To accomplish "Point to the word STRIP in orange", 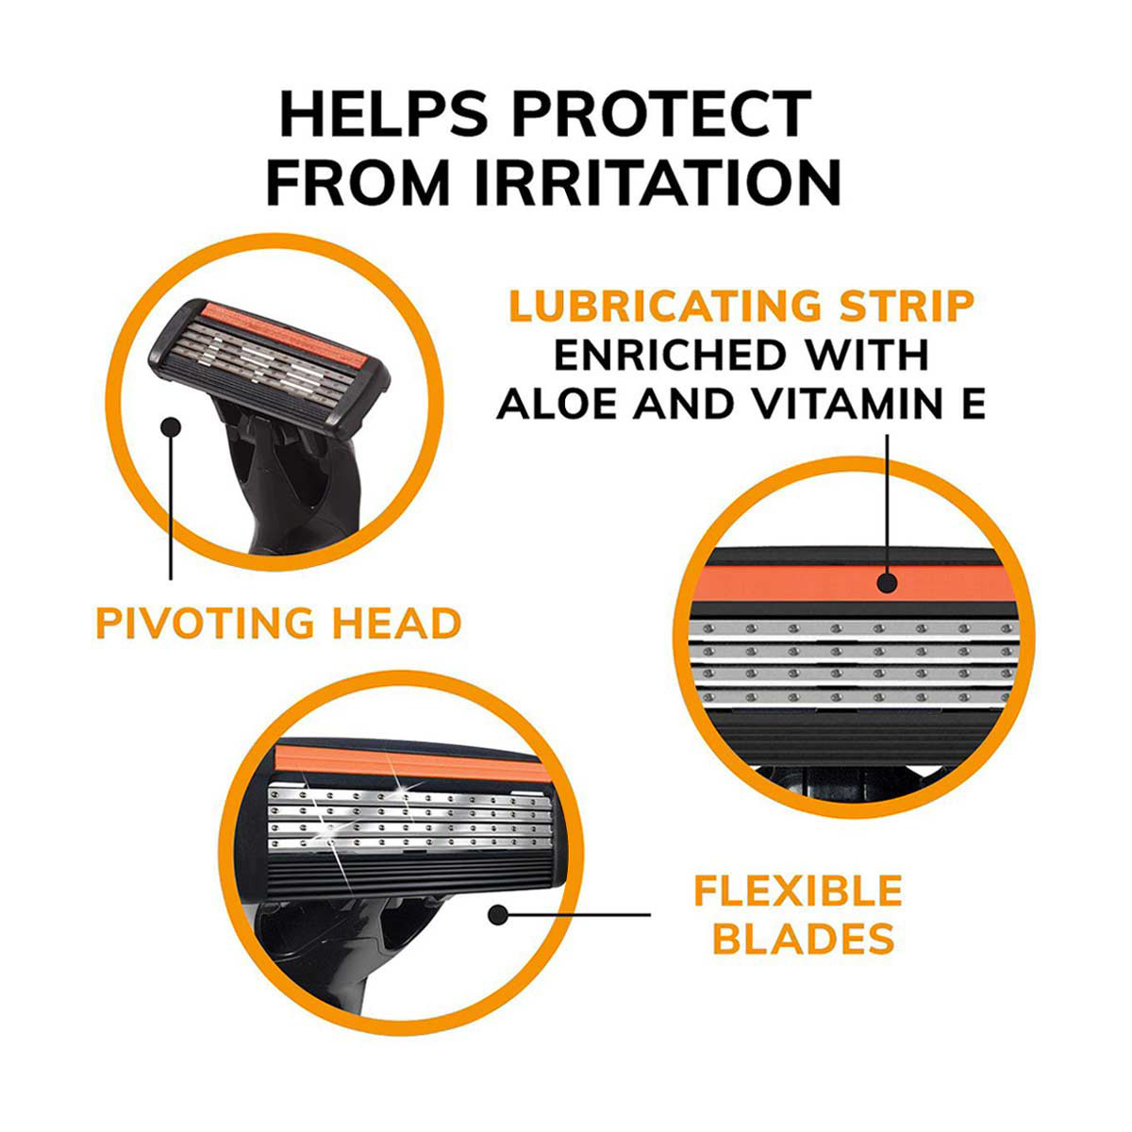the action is [907, 306].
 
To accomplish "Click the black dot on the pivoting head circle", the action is [171, 427].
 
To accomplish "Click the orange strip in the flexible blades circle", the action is [411, 763].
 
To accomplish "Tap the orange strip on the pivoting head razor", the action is [285, 333].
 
